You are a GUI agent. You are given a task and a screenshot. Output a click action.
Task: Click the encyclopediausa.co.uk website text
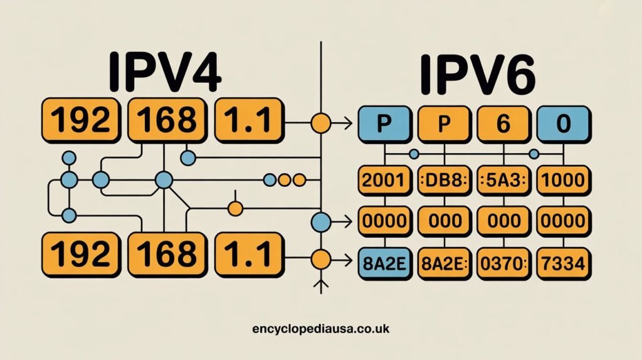pyautogui.click(x=320, y=327)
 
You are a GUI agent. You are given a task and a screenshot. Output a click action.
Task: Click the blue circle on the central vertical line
pyautogui.click(x=321, y=221)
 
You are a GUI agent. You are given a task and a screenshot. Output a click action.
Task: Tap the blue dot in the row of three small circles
pyautogui.click(x=270, y=181)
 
